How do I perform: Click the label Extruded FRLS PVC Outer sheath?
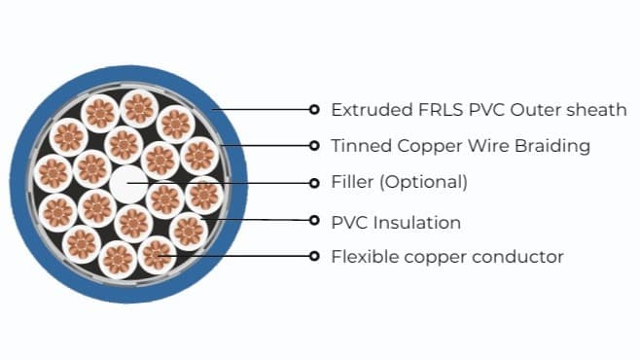[479, 109]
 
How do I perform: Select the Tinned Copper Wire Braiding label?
[460, 146]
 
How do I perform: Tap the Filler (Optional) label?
[399, 182]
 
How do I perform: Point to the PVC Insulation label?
[396, 222]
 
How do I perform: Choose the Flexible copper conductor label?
[447, 257]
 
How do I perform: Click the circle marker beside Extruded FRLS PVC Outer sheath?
[313, 109]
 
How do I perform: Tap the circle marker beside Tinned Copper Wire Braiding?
[313, 146]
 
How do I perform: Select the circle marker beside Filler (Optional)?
[313, 182]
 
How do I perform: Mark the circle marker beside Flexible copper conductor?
[313, 257]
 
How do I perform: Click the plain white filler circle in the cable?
[127, 182]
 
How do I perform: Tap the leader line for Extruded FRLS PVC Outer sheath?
[263, 109]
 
